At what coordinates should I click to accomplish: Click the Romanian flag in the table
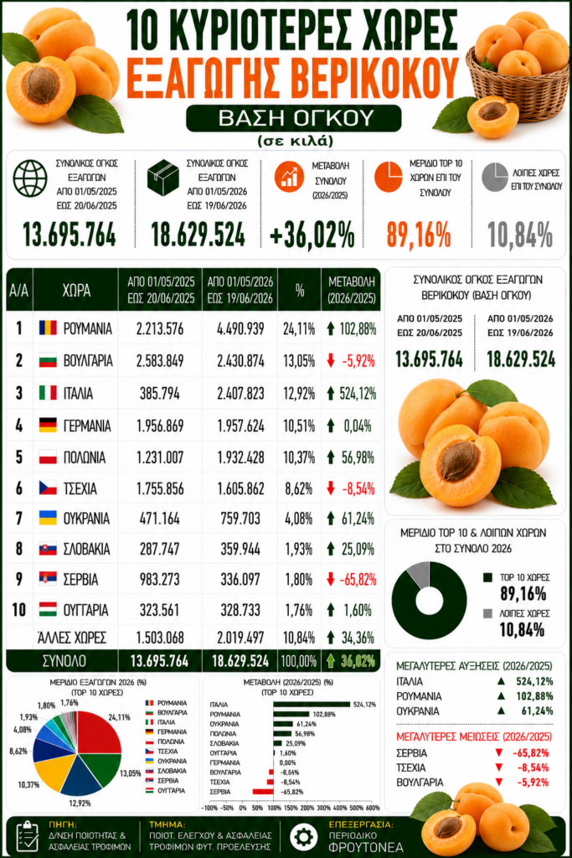coord(48,328)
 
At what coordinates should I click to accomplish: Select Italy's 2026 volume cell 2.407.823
coord(240,394)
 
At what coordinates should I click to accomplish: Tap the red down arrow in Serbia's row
coord(330,580)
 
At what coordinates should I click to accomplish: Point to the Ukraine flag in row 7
coord(48,518)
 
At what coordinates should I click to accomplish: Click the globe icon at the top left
coord(30,178)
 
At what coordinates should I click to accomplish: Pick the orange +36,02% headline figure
coord(312,235)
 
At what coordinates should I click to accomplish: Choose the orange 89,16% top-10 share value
coord(419,235)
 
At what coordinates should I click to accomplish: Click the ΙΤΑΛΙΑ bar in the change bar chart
coord(312,704)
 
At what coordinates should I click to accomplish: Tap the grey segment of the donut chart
coord(420,572)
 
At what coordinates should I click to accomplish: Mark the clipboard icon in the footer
coord(27,836)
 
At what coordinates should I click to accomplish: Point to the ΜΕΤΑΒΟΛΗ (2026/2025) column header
coord(352,290)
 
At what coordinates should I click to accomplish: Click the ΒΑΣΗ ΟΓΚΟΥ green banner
coord(294,118)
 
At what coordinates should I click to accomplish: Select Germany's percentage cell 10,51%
coord(299,426)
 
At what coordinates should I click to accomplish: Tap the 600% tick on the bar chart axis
coord(373,808)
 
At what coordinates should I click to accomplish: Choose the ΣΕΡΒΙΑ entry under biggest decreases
coord(412,753)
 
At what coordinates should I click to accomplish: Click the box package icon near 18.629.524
coord(163,178)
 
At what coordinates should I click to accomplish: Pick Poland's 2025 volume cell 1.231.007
coord(160,457)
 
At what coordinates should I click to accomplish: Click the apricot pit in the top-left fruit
coord(42,85)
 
